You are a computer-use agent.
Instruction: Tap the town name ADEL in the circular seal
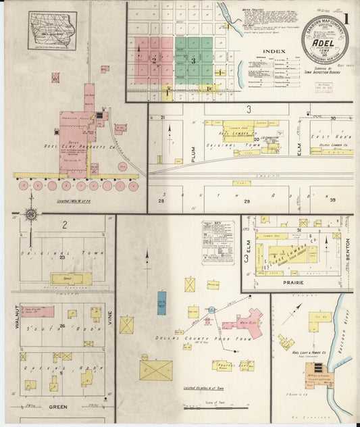326,43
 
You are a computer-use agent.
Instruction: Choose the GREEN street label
57,407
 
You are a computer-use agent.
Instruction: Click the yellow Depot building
71,278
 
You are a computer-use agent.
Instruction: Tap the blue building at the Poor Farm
161,302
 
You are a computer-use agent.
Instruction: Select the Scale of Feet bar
209,405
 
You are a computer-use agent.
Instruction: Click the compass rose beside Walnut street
30,216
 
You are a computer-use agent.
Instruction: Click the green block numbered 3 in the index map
194,61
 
